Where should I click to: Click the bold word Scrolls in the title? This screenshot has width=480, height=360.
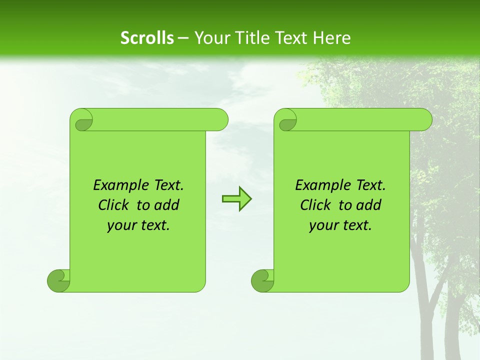pos(147,38)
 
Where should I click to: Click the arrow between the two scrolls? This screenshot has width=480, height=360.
pos(236,199)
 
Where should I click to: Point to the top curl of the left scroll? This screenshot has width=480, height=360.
pos(82,120)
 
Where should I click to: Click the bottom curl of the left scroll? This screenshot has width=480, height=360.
pos(58,280)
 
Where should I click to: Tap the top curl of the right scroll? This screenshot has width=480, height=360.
pos(287,120)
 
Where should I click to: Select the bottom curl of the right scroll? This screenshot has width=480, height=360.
pos(262,280)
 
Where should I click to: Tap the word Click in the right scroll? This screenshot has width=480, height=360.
pos(315,205)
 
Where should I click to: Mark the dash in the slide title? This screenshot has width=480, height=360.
pos(183,38)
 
